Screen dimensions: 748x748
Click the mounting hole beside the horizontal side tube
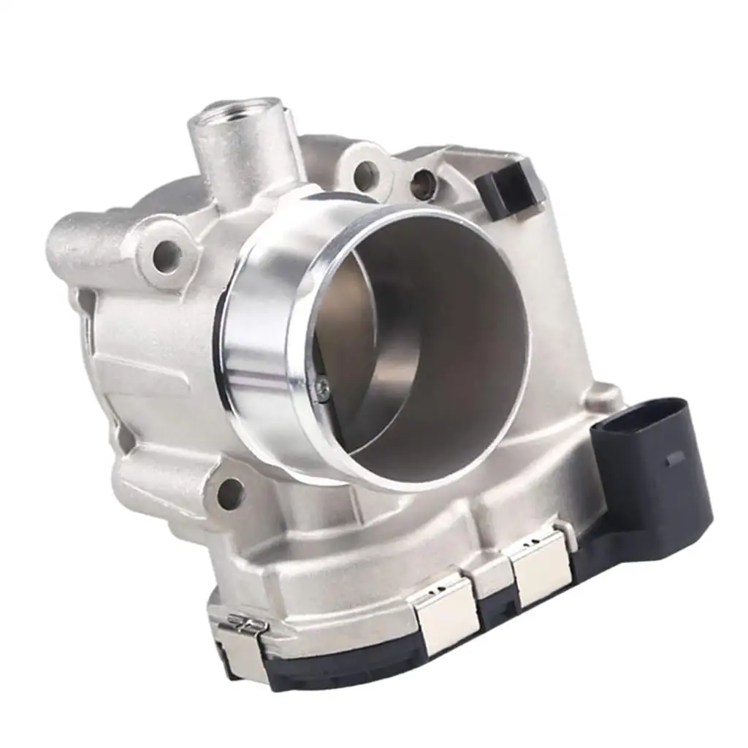(x=167, y=256)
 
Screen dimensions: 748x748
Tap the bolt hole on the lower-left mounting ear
(x=229, y=495)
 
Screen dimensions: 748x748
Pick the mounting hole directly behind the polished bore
(x=365, y=175)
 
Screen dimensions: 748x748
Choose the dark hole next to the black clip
(x=423, y=184)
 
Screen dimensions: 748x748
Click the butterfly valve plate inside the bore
(x=351, y=343)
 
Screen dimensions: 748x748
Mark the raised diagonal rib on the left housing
(x=131, y=365)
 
